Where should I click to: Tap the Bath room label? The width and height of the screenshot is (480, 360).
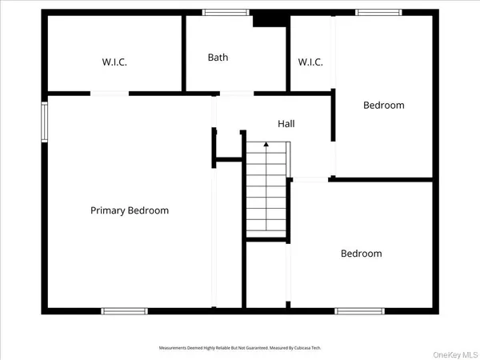[218, 58]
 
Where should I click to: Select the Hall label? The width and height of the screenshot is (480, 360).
[286, 124]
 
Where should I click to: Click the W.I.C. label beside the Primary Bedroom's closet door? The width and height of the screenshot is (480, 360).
[114, 62]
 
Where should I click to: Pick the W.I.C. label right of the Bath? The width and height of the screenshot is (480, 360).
[310, 62]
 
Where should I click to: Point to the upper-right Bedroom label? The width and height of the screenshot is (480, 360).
[384, 105]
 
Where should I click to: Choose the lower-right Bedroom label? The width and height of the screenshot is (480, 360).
[362, 254]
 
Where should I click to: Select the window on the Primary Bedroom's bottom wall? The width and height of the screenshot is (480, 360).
[124, 310]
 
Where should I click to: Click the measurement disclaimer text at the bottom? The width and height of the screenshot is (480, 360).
[240, 348]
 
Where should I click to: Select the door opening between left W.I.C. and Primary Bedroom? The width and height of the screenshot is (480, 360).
[110, 94]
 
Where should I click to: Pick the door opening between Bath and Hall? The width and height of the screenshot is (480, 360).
[236, 94]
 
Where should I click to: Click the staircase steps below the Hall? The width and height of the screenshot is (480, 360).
[266, 192]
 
